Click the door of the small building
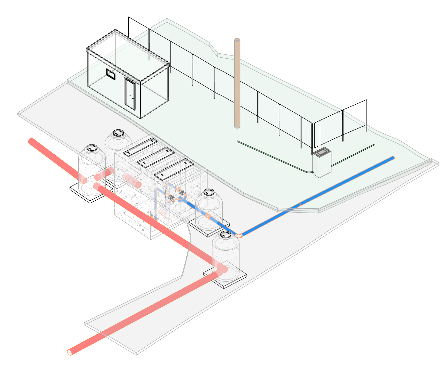(129, 93)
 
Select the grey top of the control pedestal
(322, 152)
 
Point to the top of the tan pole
(237, 40)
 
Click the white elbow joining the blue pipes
(239, 235)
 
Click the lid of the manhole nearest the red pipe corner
(226, 234)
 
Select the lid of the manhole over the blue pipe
(209, 192)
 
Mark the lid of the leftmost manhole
(92, 148)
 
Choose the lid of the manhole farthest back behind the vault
(118, 133)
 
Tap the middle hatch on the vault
(156, 157)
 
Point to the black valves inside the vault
(182, 193)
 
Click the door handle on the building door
(133, 98)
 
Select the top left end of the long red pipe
(31, 141)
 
